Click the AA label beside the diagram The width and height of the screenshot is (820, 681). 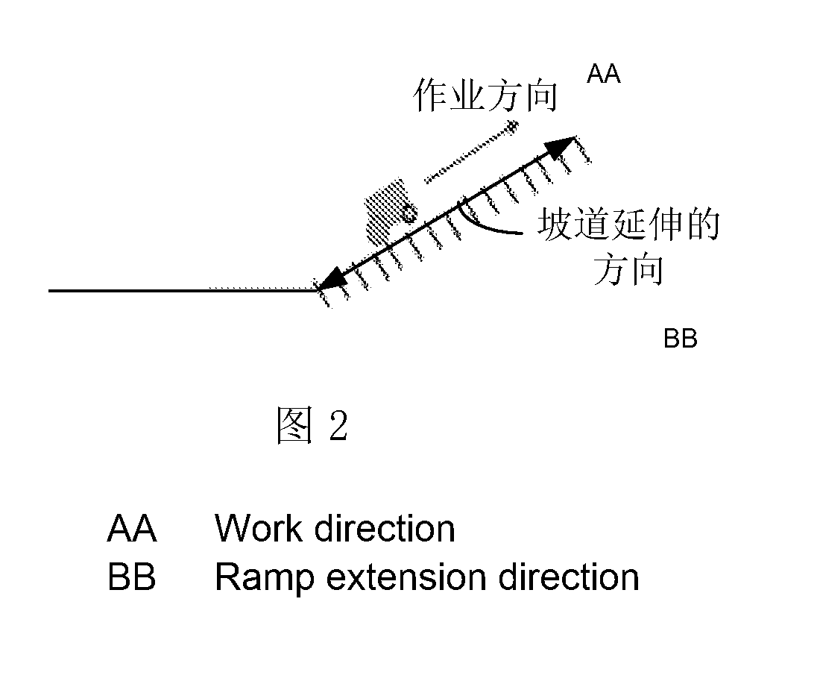[604, 74]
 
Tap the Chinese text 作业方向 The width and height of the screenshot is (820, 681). [485, 95]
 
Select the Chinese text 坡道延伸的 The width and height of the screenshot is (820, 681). [628, 225]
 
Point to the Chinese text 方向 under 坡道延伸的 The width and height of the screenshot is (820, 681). [628, 269]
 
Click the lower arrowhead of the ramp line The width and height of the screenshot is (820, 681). [332, 280]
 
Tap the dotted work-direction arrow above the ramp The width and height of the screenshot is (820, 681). [470, 153]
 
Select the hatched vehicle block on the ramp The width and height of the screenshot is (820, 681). [386, 212]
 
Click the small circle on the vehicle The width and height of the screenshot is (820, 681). [409, 213]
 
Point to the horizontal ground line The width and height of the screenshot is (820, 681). [183, 290]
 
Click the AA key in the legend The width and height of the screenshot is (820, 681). [132, 528]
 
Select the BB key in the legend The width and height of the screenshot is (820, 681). [132, 577]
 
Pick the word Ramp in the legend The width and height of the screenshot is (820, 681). [265, 579]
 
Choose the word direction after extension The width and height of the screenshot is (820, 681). [569, 577]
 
